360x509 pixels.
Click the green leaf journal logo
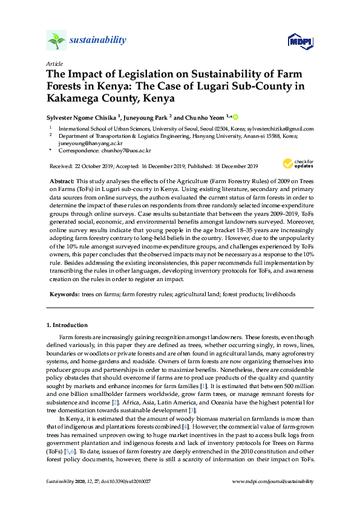[56, 41]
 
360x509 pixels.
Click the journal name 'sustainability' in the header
[98, 41]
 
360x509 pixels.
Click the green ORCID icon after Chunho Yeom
[235, 117]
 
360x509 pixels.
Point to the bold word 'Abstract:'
[62, 181]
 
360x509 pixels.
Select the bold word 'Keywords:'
[64, 294]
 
